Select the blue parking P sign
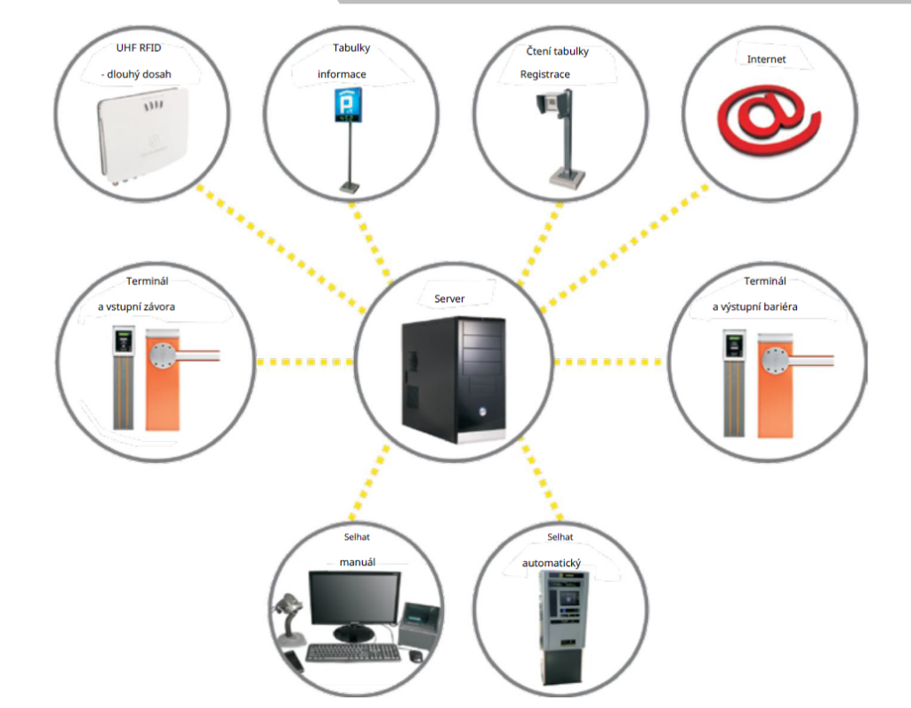pyautogui.click(x=348, y=105)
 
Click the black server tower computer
pyautogui.click(x=454, y=379)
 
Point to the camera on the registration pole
pyautogui.click(x=553, y=102)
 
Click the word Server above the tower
pyautogui.click(x=449, y=298)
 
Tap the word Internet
pyautogui.click(x=766, y=59)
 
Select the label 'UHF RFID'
pyautogui.click(x=139, y=48)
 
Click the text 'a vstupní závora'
pyautogui.click(x=136, y=306)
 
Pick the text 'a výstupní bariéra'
pyautogui.click(x=754, y=306)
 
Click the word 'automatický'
pyautogui.click(x=552, y=563)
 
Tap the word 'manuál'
pyautogui.click(x=358, y=562)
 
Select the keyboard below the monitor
pyautogui.click(x=352, y=652)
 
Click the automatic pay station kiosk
pyautogui.click(x=562, y=627)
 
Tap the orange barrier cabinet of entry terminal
pyautogui.click(x=163, y=380)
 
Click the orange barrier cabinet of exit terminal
pyautogui.click(x=776, y=386)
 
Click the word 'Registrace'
pyautogui.click(x=545, y=74)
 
